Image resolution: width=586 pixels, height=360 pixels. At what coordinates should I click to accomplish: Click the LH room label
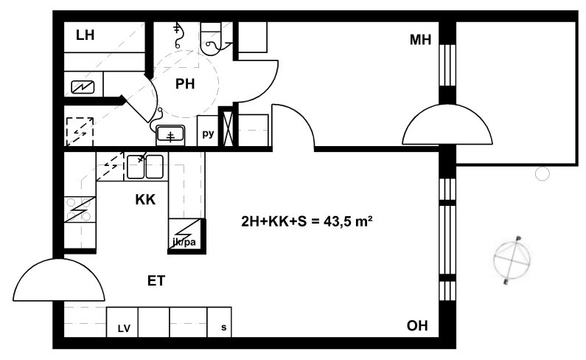[85, 35]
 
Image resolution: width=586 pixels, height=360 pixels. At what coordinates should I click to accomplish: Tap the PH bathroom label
[185, 84]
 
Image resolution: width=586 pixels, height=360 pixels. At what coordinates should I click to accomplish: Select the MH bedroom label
[420, 40]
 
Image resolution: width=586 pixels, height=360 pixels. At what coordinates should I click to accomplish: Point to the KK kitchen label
[145, 200]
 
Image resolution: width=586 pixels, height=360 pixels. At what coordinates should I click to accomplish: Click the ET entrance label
[156, 280]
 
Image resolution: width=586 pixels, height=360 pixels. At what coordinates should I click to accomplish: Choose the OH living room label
[417, 325]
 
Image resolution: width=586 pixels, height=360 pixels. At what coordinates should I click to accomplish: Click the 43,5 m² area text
[348, 221]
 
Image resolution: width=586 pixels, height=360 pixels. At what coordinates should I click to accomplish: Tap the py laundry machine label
[208, 134]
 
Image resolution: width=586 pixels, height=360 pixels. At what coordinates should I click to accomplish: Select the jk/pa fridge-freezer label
[184, 242]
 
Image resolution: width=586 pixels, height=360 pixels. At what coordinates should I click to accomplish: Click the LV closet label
[124, 328]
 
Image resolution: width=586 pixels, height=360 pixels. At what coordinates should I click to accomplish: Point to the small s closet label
[223, 328]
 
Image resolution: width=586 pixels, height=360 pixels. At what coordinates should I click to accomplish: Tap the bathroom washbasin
[170, 135]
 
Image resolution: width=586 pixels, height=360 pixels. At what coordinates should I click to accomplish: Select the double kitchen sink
[145, 167]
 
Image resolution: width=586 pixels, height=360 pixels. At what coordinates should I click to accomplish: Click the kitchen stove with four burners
[80, 210]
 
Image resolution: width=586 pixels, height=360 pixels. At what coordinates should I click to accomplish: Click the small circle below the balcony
[543, 173]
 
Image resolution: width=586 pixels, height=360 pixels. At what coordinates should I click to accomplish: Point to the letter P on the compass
[518, 238]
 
